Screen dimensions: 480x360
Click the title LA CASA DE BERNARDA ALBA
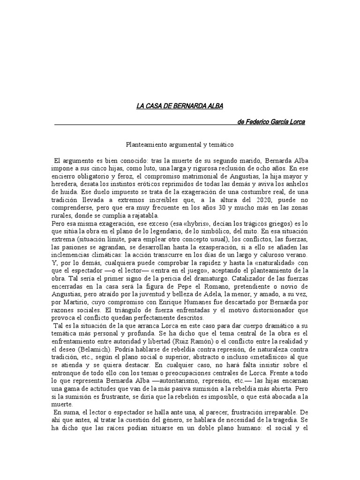(180, 106)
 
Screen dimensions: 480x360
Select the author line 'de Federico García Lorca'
(271, 122)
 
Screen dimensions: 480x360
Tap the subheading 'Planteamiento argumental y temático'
(180, 146)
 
